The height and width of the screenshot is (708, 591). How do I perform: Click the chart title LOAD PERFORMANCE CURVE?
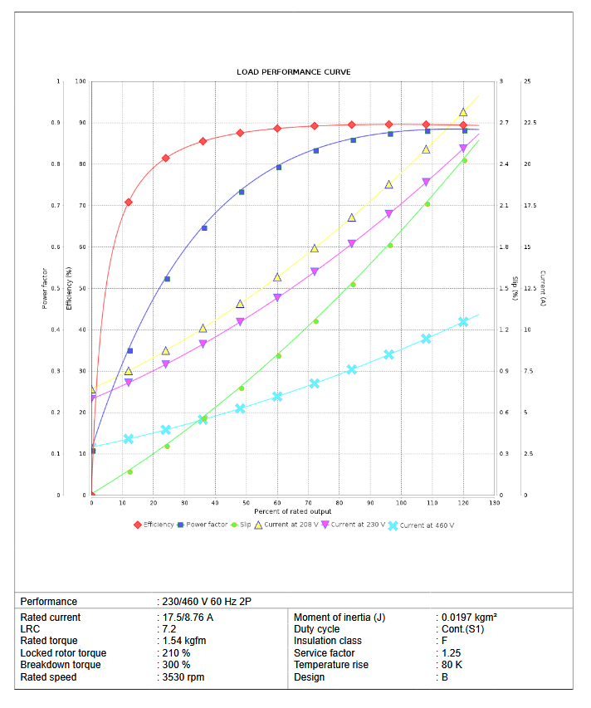pyautogui.click(x=293, y=72)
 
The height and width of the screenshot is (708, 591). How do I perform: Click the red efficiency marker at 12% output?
pyautogui.click(x=129, y=202)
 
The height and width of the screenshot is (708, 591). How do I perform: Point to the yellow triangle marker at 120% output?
pyautogui.click(x=463, y=112)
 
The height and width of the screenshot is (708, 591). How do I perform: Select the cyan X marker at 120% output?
pyautogui.click(x=463, y=321)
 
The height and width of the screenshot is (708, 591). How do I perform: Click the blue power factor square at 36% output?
pyautogui.click(x=204, y=228)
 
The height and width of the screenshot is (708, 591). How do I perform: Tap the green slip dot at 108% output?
pyautogui.click(x=427, y=204)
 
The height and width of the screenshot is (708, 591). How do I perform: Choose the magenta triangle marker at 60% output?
pyautogui.click(x=277, y=298)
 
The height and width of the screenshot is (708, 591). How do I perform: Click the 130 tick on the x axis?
pyautogui.click(x=495, y=503)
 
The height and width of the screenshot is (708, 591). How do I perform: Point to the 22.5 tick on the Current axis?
pyautogui.click(x=529, y=123)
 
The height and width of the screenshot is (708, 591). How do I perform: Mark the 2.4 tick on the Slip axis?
pyautogui.click(x=504, y=164)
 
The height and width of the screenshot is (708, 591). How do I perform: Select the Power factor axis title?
pyautogui.click(x=44, y=288)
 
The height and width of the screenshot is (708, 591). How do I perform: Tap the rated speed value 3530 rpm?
pyautogui.click(x=183, y=677)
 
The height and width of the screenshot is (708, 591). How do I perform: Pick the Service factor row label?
pyautogui.click(x=325, y=653)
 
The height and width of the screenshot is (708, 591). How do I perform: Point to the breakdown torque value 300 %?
pyautogui.click(x=176, y=665)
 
